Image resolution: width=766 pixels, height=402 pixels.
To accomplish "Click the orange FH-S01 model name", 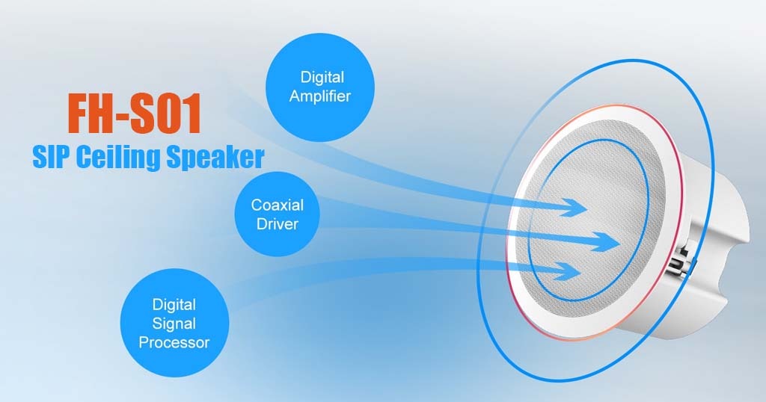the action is tap(135, 114).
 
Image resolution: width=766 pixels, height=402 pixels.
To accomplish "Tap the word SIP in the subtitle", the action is tap(52, 158).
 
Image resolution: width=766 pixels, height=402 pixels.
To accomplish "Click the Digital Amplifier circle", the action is tap(320, 87).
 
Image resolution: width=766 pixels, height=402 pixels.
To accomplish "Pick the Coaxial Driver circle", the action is tap(277, 214).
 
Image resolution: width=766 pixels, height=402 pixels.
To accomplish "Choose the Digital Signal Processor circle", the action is tap(174, 323).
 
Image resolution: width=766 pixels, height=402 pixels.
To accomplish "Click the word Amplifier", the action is tap(320, 96).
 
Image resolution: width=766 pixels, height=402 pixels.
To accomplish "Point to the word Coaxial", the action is tap(278, 205).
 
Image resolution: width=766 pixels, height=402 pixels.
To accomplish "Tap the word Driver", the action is tap(278, 224).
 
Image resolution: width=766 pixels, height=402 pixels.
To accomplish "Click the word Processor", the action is tap(174, 342).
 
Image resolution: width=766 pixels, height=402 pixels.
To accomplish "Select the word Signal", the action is tap(174, 324).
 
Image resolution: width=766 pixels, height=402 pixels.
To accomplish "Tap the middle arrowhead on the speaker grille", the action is tap(606, 242).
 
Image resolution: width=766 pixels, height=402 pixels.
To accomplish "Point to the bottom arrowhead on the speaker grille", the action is tap(567, 271).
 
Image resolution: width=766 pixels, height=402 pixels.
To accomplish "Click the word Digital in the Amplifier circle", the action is tap(322, 78).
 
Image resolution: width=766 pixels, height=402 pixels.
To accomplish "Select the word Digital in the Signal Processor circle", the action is tap(174, 305).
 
